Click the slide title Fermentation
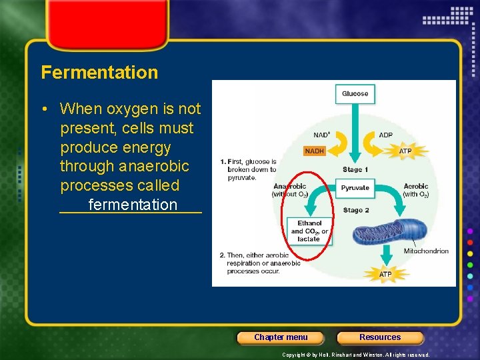(x=99, y=72)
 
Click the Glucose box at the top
(x=355, y=94)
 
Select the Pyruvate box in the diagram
(x=355, y=188)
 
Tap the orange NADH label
(x=314, y=151)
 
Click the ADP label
(x=385, y=135)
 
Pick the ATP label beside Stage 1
(x=405, y=151)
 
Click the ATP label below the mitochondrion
(x=385, y=274)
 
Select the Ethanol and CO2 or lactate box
(x=309, y=231)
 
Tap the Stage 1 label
(x=355, y=170)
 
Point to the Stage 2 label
(x=355, y=211)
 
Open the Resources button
(x=380, y=337)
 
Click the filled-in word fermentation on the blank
(x=133, y=205)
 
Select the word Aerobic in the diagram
(x=415, y=187)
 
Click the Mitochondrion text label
(x=426, y=251)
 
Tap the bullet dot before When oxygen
(x=50, y=109)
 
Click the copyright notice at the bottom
(x=356, y=355)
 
